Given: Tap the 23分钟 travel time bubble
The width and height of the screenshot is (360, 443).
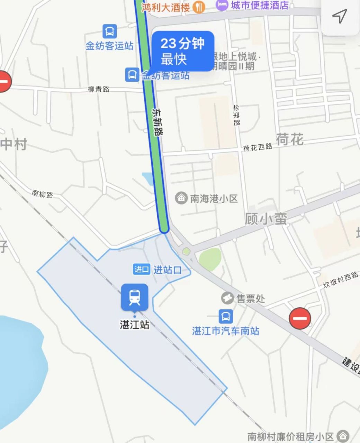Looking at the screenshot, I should pos(182,51).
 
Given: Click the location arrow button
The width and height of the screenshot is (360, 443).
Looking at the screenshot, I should pos(340,16).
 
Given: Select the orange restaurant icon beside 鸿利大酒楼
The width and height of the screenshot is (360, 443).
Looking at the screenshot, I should pos(199,7).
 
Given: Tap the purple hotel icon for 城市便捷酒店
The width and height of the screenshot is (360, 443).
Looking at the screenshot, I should pos(222,5).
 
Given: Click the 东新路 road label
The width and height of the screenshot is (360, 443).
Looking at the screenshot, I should pos(157,121).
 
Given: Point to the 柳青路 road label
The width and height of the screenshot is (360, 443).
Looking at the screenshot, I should pos(99,89).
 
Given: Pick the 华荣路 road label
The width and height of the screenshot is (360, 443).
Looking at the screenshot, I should pos(236,115).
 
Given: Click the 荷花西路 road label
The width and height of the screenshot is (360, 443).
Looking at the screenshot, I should pos(258,147).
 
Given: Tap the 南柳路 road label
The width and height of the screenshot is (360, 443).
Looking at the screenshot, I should pos(43,194).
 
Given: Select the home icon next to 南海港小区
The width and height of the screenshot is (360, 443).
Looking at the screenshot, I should pos(181,198).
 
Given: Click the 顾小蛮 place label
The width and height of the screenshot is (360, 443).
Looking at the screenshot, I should pos(266,219).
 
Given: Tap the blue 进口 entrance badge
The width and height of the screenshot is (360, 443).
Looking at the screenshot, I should pos(142,269).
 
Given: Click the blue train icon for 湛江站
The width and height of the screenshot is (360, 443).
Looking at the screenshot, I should pos(134,297).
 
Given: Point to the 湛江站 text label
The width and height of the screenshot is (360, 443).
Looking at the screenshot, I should pos(134,325).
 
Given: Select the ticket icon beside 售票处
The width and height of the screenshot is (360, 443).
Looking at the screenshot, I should pos(227,298).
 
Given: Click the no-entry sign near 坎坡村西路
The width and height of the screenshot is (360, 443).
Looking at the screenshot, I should pos(300,318).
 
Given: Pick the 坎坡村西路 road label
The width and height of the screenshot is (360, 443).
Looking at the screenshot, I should pos(341,280).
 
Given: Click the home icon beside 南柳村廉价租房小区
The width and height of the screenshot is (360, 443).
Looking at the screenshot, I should pos(343,435).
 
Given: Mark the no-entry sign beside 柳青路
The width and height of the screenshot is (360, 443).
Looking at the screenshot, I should pos(3,82).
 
